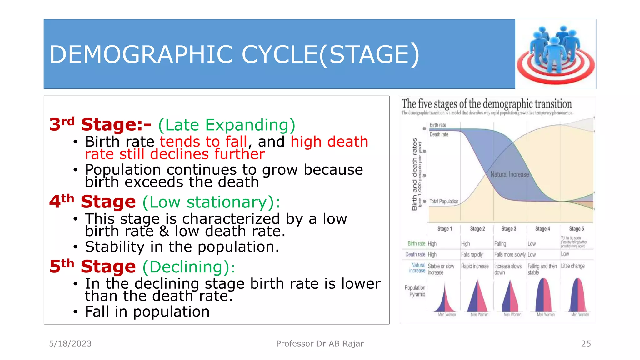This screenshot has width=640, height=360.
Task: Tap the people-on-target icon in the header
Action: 556,54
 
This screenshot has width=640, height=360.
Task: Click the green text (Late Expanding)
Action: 227,125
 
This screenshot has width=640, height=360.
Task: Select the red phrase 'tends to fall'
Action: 203,142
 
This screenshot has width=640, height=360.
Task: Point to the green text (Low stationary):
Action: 211,202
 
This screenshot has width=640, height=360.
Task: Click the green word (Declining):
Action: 189,267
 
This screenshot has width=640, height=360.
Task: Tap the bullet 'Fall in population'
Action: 147,312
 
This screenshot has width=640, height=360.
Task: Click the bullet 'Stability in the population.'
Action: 182,247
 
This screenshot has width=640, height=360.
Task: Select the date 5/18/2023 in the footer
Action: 70,343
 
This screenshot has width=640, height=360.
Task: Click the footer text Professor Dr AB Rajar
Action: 320,343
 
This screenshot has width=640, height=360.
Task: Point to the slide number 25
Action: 586,343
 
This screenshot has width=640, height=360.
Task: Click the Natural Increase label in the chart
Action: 509,174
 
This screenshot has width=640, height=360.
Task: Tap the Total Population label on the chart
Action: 443,202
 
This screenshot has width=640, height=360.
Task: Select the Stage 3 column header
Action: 508,229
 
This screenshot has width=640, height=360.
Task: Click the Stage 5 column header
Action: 576,229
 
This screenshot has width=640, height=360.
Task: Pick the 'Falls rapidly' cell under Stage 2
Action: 472,255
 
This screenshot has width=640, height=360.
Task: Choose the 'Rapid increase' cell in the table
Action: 475,266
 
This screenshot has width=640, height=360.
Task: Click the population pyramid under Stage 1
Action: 445,297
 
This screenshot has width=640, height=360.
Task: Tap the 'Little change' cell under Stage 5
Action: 572,266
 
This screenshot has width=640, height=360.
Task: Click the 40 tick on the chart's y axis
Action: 424,128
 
